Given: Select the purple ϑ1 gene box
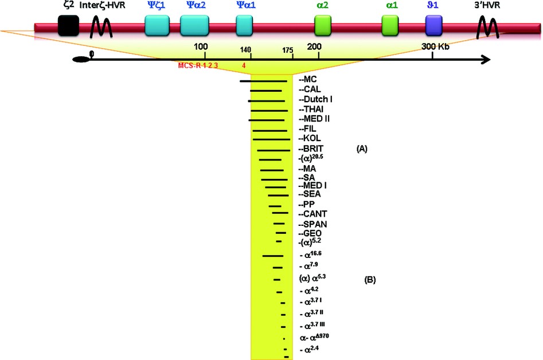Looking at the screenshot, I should pyautogui.click(x=433, y=26).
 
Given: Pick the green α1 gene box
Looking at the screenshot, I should pyautogui.click(x=390, y=26).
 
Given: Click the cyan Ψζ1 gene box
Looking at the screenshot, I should pyautogui.click(x=157, y=26).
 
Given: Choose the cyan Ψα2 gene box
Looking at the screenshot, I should pyautogui.click(x=193, y=26).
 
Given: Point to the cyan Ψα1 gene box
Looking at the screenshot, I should pyautogui.click(x=244, y=26).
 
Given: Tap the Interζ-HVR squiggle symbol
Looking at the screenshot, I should pyautogui.click(x=101, y=26).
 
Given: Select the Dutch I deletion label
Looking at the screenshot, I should pyautogui.click(x=316, y=99).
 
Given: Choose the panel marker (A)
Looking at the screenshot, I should pyautogui.click(x=361, y=148).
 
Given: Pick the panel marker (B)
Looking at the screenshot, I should pyautogui.click(x=370, y=280).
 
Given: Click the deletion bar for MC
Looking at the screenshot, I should pyautogui.click(x=263, y=81).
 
